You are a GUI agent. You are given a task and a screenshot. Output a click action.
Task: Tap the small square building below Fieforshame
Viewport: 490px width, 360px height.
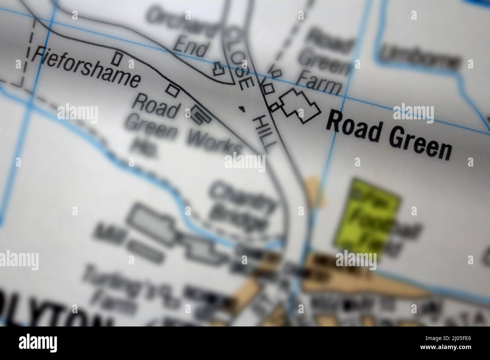(173, 89)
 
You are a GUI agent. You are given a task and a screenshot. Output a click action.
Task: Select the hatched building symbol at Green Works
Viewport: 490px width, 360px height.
(199, 115)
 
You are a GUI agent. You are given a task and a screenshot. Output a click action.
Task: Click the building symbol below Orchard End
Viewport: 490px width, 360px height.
(218, 69)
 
